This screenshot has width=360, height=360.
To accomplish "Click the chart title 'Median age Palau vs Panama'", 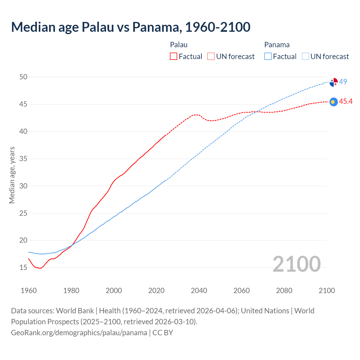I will pos(130,27).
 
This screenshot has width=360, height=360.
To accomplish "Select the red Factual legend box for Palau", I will pos(174,57).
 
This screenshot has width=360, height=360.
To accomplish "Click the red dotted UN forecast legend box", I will pos(211,57).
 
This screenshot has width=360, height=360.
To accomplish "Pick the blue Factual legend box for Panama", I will pos(268,57).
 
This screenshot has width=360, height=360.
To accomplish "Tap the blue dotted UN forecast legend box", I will pos(305,57).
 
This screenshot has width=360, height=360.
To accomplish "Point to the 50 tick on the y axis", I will pos(23,77).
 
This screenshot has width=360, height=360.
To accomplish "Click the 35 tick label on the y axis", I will pos(23,159).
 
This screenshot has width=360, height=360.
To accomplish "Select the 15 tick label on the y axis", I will pos(23,267).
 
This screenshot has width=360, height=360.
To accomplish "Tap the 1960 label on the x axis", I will pos(29,291).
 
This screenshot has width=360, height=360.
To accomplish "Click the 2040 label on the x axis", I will pos(199,291).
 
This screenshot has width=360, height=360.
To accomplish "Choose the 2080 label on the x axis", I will pos(284,291).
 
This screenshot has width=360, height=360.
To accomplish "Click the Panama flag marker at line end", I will pos(334,82).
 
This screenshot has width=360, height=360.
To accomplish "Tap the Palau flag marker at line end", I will pos(334,102).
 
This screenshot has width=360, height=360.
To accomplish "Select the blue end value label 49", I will pos(343,82).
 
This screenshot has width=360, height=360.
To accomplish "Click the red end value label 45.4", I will pos(346,102).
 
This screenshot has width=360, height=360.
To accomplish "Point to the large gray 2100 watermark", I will pos(296,264).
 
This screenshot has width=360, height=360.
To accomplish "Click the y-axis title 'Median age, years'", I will pos(12,175).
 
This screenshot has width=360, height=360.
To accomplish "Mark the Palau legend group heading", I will pos(179,45).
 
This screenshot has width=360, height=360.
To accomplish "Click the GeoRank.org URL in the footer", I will pos(79,333).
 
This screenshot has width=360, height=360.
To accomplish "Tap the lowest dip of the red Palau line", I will pos(40,268).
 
